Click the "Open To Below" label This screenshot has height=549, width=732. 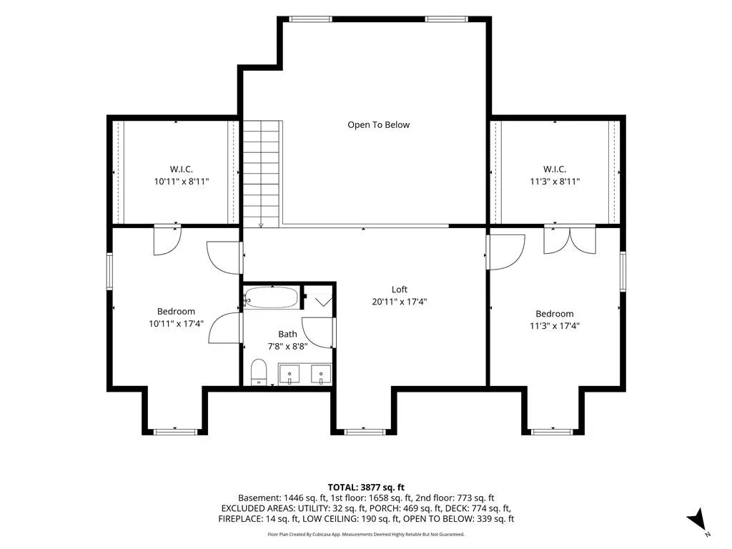pyautogui.click(x=379, y=125)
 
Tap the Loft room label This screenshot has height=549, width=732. pyautogui.click(x=400, y=290)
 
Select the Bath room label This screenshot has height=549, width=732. pyautogui.click(x=287, y=335)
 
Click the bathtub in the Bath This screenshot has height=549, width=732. pyautogui.click(x=271, y=297)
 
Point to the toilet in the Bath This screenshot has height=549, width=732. pyautogui.click(x=258, y=372)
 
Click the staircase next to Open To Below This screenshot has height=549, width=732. pyautogui.click(x=262, y=174)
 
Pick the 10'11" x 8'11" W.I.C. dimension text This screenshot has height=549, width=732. pyautogui.click(x=182, y=182)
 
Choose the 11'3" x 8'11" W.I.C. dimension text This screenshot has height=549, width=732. pyautogui.click(x=555, y=182)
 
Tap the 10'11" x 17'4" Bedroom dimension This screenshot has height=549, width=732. pyautogui.click(x=176, y=324)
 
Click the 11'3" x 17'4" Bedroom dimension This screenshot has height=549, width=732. pyautogui.click(x=555, y=326)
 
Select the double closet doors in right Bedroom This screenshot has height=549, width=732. pyautogui.click(x=570, y=239)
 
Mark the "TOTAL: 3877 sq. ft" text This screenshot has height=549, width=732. pyautogui.click(x=366, y=488)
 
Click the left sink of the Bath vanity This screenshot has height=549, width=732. pyautogui.click(x=290, y=375)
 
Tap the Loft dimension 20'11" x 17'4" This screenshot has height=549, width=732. pyautogui.click(x=400, y=302)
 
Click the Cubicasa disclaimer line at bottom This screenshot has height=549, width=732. pyautogui.click(x=366, y=534)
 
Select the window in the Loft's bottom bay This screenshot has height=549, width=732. pyautogui.click(x=365, y=432)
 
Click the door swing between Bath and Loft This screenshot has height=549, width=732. pyautogui.click(x=317, y=332)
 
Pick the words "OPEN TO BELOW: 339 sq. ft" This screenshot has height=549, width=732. pyautogui.click(x=458, y=519)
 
